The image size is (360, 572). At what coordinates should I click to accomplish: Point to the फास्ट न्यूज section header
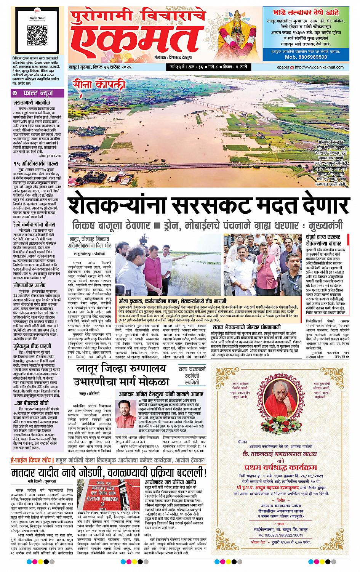click(x=36, y=93)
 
